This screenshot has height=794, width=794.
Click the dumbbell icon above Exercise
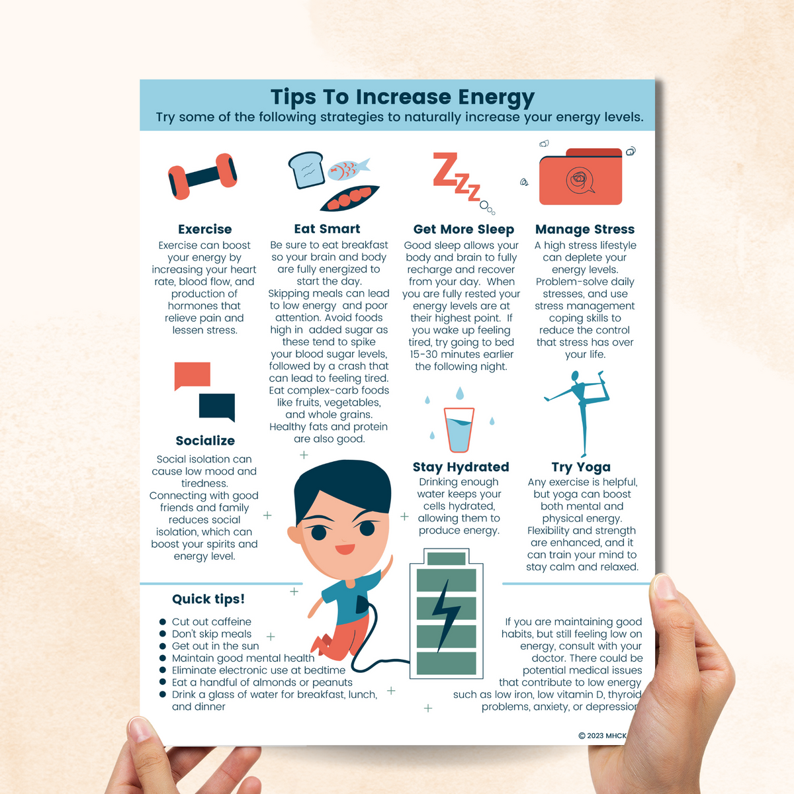202,176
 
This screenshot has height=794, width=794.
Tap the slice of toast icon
306,169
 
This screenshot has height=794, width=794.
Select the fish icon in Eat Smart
347,169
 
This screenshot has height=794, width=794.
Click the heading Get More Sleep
463,230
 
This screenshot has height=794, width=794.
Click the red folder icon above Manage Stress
581,177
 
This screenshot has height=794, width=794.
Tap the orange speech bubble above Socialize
192,375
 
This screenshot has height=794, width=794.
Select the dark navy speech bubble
217,406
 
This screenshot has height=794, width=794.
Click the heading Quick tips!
208,599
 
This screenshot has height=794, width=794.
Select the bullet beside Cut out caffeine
163,622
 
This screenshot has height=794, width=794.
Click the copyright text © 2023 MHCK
602,735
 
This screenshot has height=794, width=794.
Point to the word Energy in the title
496,97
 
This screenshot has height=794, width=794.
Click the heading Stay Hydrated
461,467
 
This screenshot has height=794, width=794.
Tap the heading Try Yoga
581,467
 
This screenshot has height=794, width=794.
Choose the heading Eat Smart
327,229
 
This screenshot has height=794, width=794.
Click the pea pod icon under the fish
350,198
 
